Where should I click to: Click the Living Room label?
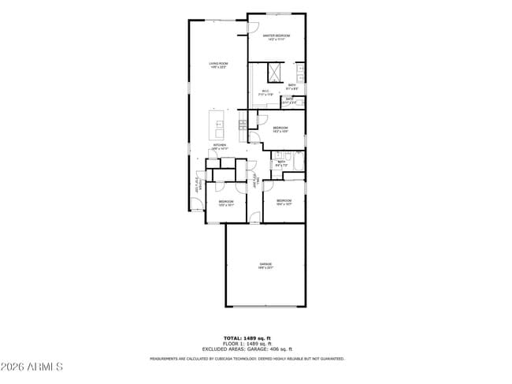218,65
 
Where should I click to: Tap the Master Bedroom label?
276,37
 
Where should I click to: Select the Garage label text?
265,265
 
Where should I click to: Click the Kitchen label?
220,147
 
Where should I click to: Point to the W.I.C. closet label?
266,92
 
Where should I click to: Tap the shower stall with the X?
275,74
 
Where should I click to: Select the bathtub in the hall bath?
297,163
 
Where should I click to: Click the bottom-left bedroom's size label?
226,204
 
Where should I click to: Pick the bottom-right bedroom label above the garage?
284,203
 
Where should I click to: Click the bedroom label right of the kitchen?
280,129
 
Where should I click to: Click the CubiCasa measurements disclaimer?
247,359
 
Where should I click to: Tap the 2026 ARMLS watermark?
32,367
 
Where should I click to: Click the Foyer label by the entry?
198,184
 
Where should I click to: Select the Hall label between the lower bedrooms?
255,180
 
